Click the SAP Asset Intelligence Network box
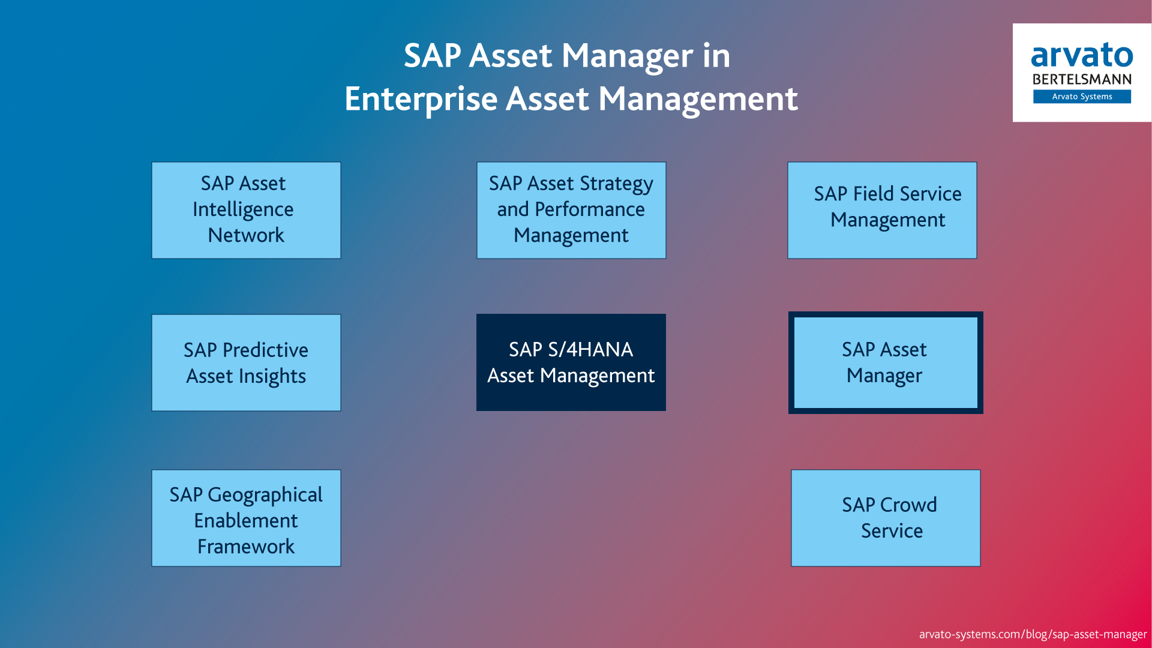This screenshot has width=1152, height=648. pyautogui.click(x=246, y=210)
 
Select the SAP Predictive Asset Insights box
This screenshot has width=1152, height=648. pyautogui.click(x=246, y=362)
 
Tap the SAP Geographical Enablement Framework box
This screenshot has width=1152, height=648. pyautogui.click(x=246, y=518)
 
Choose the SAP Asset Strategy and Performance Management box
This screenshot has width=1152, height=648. pyautogui.click(x=571, y=210)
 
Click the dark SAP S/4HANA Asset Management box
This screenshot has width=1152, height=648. pyautogui.click(x=571, y=362)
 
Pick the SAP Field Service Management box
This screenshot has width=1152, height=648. pyautogui.click(x=881, y=210)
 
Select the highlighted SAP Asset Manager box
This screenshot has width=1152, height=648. pyautogui.click(x=885, y=362)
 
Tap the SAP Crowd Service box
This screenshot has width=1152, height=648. pyautogui.click(x=885, y=518)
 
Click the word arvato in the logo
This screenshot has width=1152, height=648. pyautogui.click(x=1081, y=55)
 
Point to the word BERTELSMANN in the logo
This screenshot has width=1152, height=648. pyautogui.click(x=1081, y=79)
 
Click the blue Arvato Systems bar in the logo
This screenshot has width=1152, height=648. pyautogui.click(x=1081, y=97)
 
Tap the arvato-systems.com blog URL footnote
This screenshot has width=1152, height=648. pyautogui.click(x=1032, y=634)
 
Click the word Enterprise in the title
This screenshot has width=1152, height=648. pyautogui.click(x=421, y=99)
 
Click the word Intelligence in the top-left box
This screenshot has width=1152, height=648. pyautogui.click(x=243, y=209)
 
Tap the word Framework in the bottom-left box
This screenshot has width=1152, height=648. pyautogui.click(x=246, y=547)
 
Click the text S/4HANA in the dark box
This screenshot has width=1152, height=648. pyautogui.click(x=590, y=349)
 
